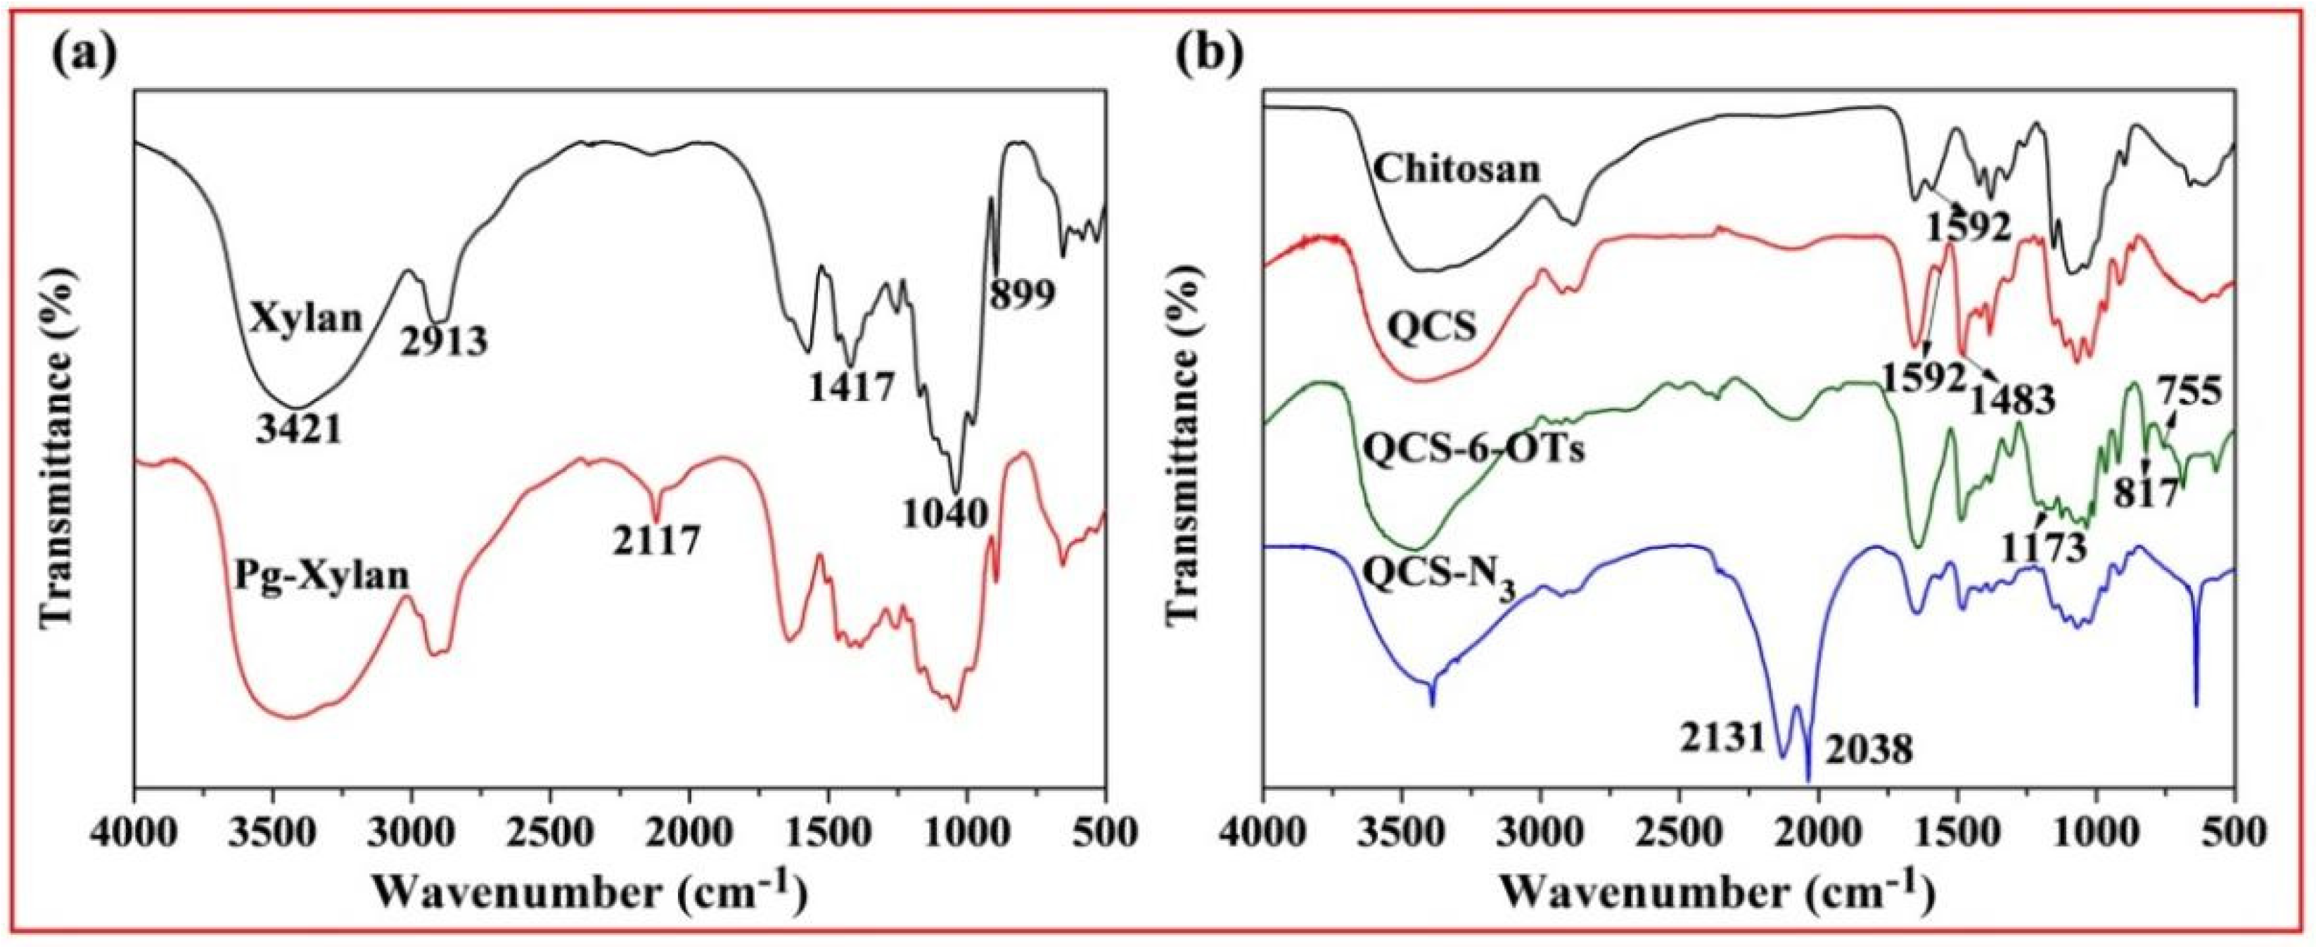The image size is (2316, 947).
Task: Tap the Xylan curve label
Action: [307, 319]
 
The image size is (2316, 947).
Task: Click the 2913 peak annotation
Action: [444, 340]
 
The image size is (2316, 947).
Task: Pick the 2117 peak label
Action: [656, 540]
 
